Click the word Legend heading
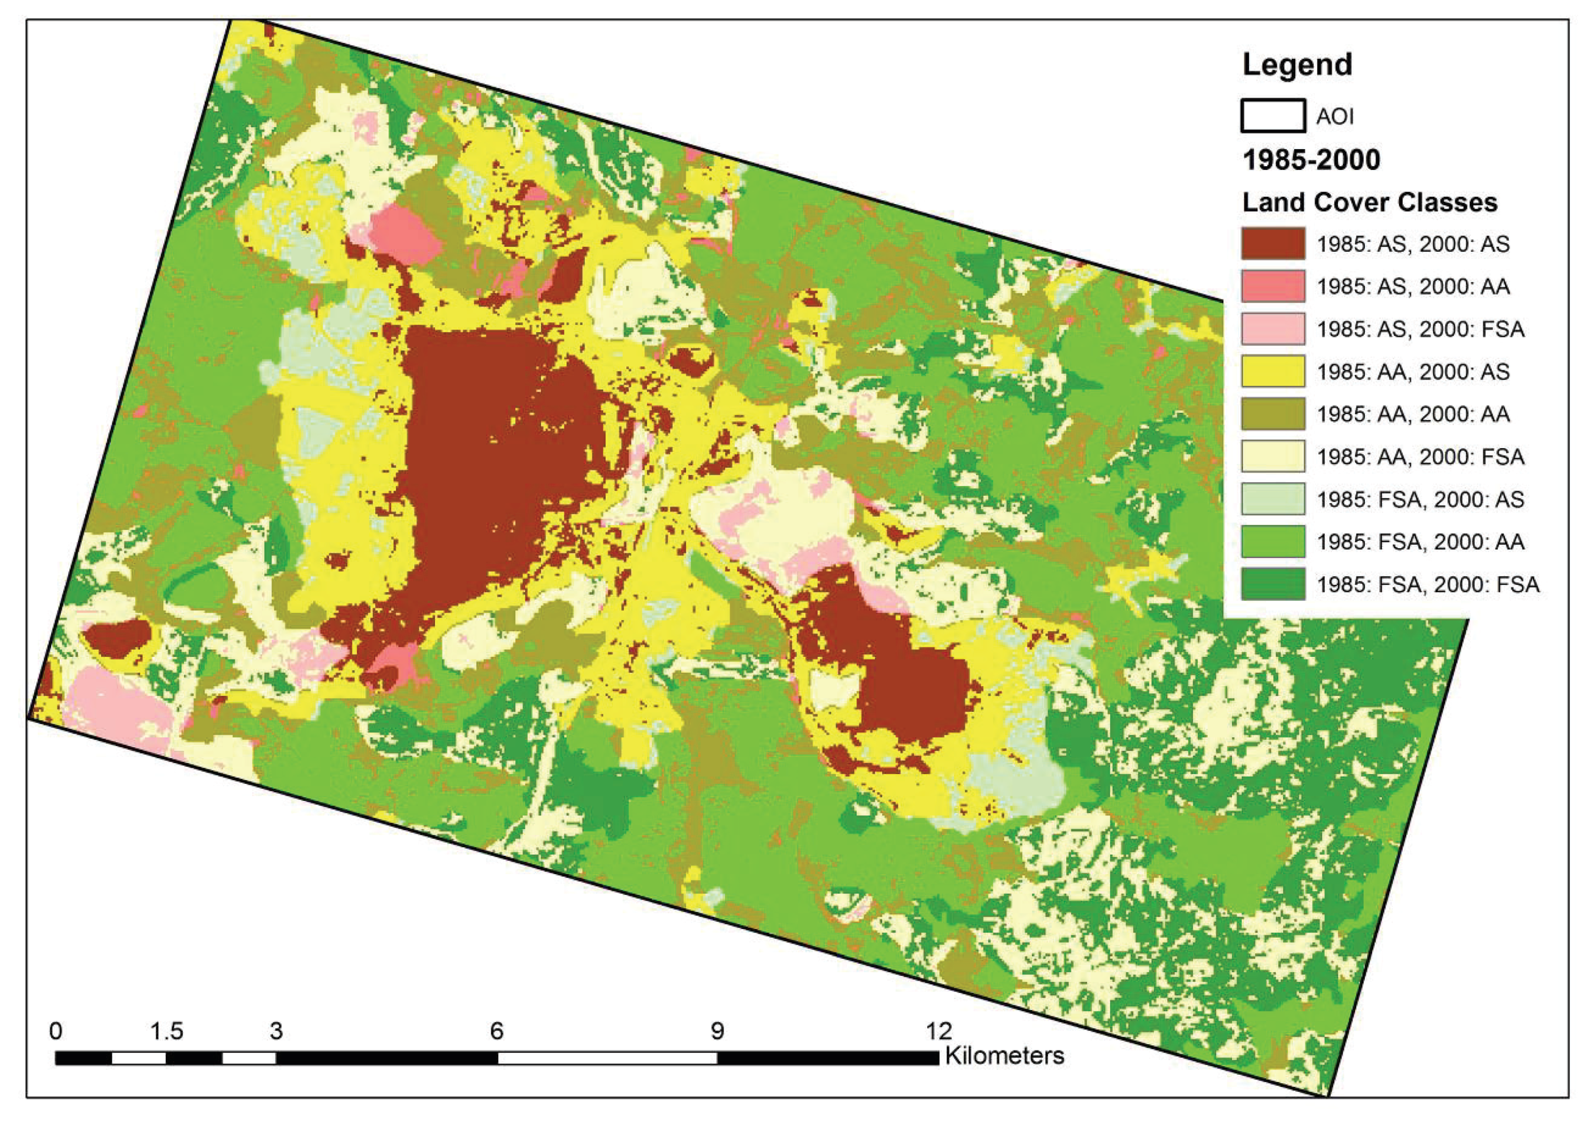coord(1297,64)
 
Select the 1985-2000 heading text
coord(1311,160)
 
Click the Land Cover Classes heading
coord(1369,203)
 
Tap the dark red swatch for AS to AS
coord(1273,244)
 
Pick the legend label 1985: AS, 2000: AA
coord(1413,287)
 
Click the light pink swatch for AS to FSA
coord(1273,328)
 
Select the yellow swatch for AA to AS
coord(1273,372)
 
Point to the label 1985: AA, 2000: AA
coord(1413,415)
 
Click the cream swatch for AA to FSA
coord(1273,456)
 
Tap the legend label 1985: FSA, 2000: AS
coord(1420,499)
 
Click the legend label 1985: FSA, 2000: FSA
coord(1428,585)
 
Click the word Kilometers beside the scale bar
coord(1004,1056)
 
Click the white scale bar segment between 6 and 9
coord(608,1058)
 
